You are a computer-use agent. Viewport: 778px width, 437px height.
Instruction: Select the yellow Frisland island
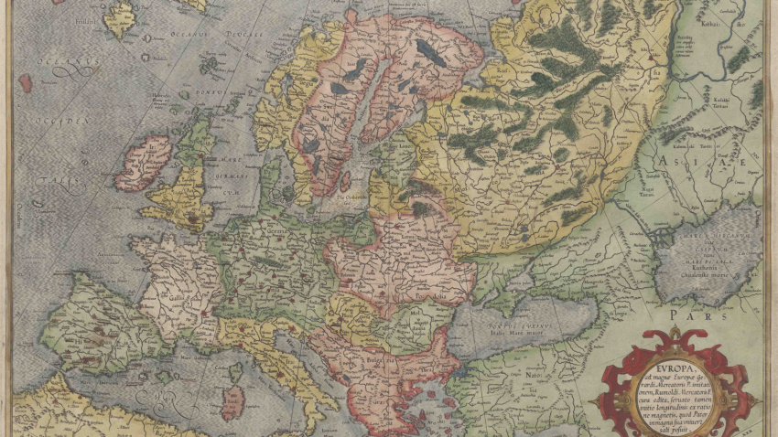point(119,18)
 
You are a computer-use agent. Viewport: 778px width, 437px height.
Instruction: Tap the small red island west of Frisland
point(26,82)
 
